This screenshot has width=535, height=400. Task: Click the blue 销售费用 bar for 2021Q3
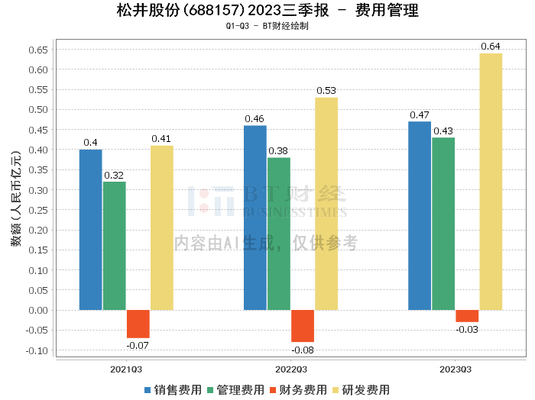91,230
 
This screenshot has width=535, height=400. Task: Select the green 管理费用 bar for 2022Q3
279,234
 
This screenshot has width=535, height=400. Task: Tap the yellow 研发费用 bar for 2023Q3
491,182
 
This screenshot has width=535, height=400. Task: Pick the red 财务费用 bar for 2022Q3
303,326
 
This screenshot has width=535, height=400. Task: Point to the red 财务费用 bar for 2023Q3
467,316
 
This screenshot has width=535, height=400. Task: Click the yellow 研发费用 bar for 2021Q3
162,228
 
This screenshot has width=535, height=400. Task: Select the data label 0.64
491,47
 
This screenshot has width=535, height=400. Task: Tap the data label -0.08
303,350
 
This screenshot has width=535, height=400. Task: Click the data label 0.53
326,91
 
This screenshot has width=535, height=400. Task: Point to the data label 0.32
114,175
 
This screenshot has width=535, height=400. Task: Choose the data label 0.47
420,115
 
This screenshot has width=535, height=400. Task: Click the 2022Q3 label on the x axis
291,369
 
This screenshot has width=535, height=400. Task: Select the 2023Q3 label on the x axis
456,369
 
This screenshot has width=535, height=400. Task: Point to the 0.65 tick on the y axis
38,50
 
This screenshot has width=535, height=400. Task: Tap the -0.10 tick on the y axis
37,350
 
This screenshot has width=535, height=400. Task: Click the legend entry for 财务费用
298,390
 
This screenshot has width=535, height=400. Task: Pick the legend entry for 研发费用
361,390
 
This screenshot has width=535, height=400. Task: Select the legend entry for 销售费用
173,390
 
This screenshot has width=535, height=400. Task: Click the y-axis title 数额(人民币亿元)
16,198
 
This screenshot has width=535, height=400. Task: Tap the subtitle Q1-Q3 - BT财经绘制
267,26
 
